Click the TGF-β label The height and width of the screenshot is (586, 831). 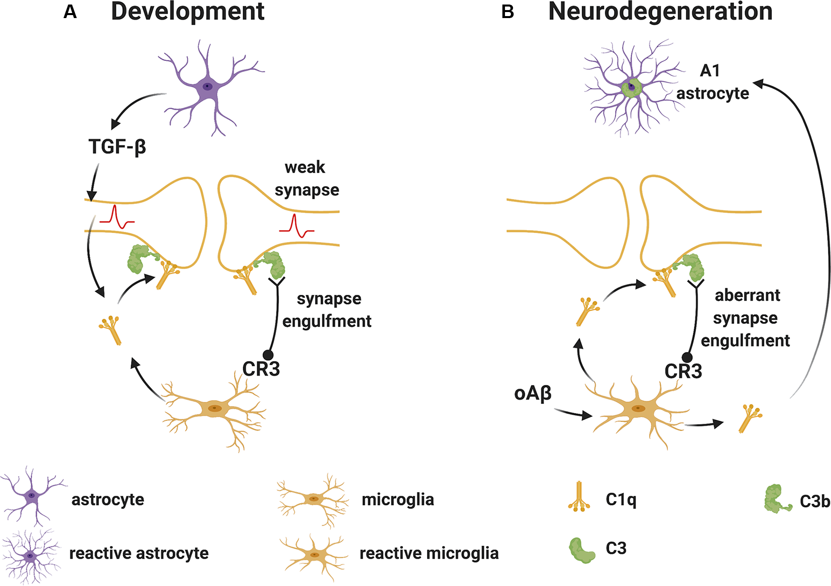[117, 147]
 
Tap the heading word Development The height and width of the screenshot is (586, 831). [187, 12]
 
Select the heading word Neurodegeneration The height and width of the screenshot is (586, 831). [660, 12]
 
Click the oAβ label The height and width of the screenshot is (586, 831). [533, 393]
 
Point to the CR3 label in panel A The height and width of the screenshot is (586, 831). [261, 369]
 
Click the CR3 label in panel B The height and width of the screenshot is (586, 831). [683, 372]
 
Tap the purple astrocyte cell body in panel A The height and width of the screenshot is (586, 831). [206, 87]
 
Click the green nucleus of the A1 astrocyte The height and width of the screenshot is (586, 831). [632, 88]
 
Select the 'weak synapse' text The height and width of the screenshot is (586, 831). [306, 178]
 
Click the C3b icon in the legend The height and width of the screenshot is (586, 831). [777, 499]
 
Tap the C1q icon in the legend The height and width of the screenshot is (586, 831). [579, 497]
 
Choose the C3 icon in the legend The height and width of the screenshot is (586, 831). [582, 550]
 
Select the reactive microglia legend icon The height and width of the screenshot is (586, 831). [314, 555]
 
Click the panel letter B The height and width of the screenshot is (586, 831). [507, 12]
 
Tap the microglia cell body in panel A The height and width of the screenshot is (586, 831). [215, 408]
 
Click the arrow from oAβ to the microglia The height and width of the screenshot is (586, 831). [573, 414]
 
